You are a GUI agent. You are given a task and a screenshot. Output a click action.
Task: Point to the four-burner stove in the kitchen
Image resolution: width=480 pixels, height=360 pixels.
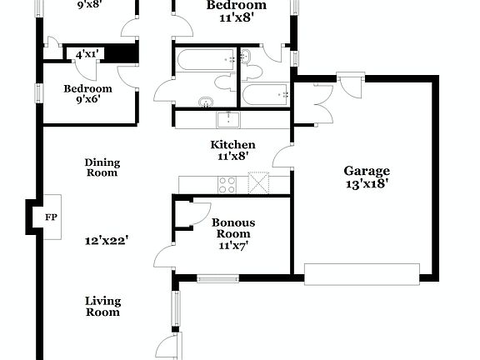[x=228, y=183]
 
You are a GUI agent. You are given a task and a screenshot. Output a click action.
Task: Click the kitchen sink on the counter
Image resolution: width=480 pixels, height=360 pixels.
[x=228, y=119]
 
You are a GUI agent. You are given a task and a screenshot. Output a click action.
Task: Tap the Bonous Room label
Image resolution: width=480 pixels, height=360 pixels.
[x=232, y=228]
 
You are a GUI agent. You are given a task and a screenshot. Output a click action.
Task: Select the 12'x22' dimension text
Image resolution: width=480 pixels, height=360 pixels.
[x=106, y=242]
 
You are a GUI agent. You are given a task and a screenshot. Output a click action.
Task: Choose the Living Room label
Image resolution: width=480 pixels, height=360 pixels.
[x=103, y=307]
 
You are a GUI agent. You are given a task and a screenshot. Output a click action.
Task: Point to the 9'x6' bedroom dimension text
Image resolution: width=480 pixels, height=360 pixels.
[x=87, y=101]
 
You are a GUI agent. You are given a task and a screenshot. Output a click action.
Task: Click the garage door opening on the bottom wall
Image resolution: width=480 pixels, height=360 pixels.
[x=362, y=274]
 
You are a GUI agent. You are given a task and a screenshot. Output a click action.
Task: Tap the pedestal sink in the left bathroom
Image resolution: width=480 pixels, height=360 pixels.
[x=206, y=102]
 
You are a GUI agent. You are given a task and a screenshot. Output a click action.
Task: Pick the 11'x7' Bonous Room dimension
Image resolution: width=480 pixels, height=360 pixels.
[x=232, y=245]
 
